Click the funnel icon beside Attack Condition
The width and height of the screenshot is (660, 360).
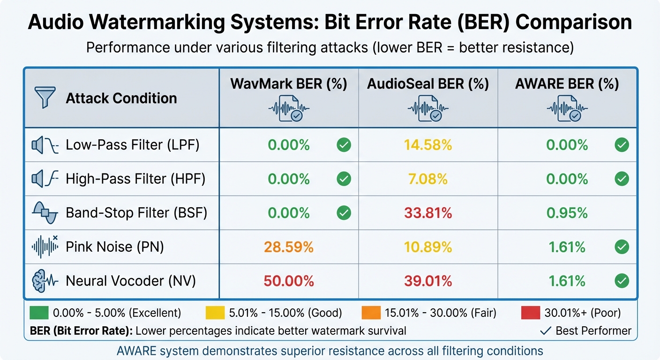point(45,98)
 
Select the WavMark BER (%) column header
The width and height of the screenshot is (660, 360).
point(288,84)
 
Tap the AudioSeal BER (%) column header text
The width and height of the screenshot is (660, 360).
point(428,84)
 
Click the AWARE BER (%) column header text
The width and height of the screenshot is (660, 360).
point(567,84)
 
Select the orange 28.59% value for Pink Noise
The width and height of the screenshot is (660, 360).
point(288,247)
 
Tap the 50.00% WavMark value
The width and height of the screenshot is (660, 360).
point(288,281)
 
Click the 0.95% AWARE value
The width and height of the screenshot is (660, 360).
point(567,213)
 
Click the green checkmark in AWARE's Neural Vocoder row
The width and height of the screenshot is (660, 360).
point(622,281)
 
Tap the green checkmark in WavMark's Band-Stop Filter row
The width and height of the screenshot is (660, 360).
point(344,213)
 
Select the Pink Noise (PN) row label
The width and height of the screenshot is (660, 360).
point(115,247)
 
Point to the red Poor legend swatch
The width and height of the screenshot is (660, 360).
point(530,313)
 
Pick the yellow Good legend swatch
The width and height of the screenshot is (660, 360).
point(215,313)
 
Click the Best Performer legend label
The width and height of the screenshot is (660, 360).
point(593,331)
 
